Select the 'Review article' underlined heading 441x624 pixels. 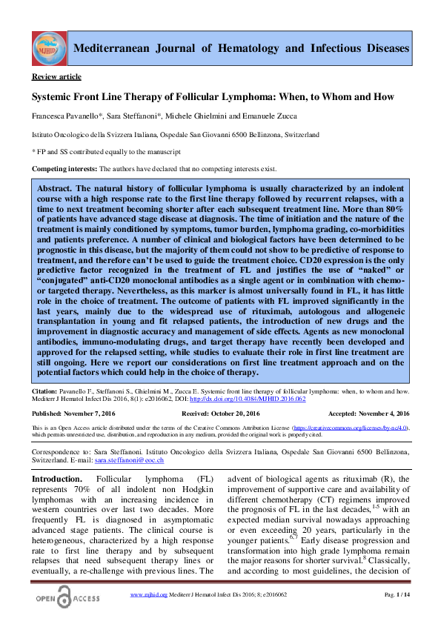(x=56, y=77)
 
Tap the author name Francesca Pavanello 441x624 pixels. (x=60, y=118)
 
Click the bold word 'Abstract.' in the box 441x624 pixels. (x=58, y=189)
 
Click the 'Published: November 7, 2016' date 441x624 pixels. (x=72, y=413)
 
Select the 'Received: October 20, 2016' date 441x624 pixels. (x=220, y=413)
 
